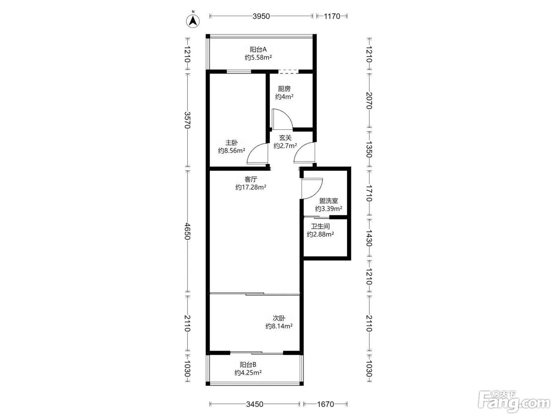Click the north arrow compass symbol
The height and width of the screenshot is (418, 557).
point(193,21)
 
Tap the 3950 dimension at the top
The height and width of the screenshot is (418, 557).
point(261,16)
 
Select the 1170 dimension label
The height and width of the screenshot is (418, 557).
point(332,16)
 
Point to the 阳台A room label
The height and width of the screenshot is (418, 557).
point(258,49)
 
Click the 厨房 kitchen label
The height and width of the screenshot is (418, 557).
point(284,89)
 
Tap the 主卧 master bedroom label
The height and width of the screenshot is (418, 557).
point(232,143)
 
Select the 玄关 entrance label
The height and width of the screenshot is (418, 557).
point(285,138)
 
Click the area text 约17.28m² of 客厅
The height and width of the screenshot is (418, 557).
point(251,187)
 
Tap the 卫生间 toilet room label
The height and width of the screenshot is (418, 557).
point(321,226)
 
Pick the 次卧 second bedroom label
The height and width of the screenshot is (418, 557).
point(279,318)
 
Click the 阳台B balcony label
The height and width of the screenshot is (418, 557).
point(248,365)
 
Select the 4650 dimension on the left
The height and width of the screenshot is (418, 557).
point(187,231)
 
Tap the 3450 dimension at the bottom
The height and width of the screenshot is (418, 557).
point(255,404)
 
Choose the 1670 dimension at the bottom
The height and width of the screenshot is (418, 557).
point(325,404)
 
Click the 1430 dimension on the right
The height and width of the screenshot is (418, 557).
point(369,238)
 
